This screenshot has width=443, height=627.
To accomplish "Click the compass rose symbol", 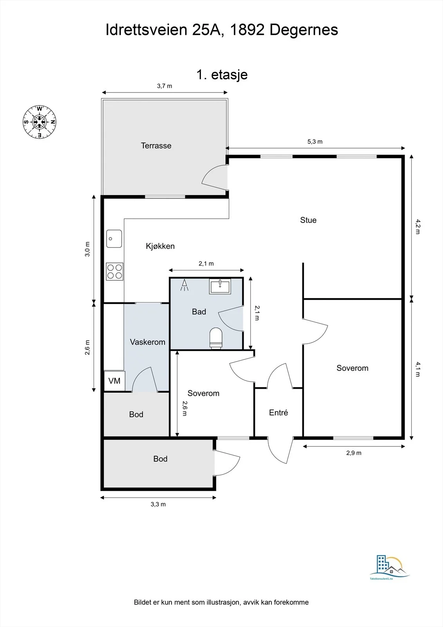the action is [x=40, y=122].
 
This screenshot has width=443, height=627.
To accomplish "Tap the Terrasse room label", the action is [x=156, y=145].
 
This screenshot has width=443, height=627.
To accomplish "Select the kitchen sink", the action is [x=114, y=239].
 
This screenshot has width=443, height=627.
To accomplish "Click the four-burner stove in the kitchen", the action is [x=114, y=272].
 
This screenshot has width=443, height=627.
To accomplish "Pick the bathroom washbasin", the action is [x=220, y=286].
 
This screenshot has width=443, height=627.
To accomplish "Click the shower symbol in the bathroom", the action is [x=184, y=285].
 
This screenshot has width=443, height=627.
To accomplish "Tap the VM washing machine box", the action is [x=114, y=381].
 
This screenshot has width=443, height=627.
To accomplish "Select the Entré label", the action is [x=278, y=412].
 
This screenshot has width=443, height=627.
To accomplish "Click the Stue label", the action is [x=308, y=220].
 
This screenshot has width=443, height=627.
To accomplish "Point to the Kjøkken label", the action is [x=160, y=246].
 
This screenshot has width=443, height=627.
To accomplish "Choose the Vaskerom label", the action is [x=148, y=342].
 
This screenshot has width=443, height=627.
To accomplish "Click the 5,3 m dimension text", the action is [x=315, y=141].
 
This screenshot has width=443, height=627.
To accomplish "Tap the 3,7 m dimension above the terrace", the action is [x=165, y=86].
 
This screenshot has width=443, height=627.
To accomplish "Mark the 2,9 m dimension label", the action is [x=354, y=453].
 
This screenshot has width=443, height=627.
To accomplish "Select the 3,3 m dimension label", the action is [x=158, y=504].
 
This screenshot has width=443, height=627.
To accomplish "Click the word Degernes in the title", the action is [x=304, y=30].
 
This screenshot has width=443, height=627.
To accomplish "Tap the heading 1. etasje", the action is [x=222, y=75].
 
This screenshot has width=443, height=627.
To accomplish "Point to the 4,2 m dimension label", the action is [x=418, y=227].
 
